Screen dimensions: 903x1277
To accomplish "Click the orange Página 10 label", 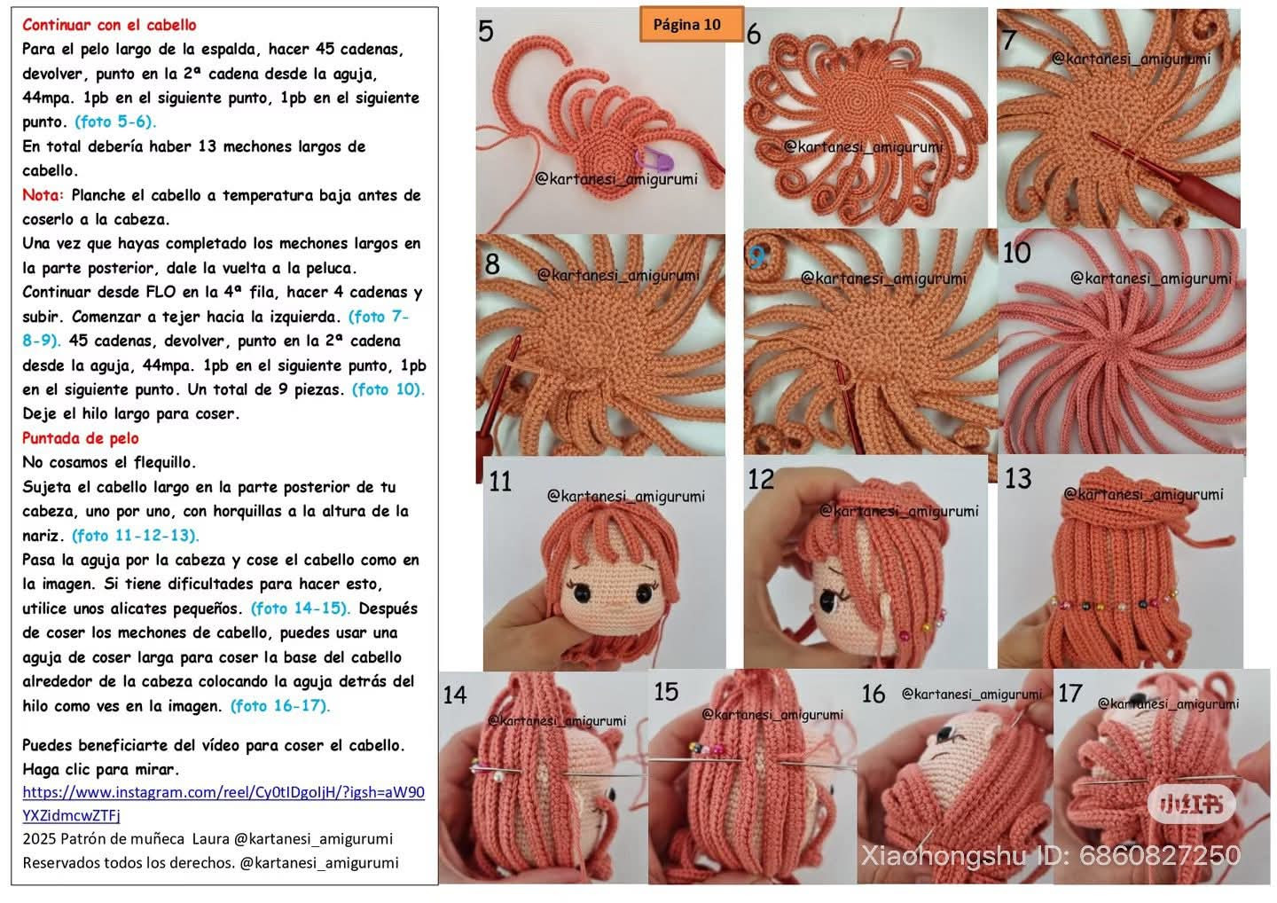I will pos(690,25).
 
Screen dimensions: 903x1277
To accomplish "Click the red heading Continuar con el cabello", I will pos(109,25).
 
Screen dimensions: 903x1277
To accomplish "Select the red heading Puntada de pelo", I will pos(81,438).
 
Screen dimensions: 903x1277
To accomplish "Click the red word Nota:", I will pos(43,195).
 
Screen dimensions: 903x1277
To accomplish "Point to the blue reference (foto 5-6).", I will pos(115,122).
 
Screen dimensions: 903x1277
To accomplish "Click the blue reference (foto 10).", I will pos(388,389).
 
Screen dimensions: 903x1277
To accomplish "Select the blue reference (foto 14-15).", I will pos(301,609).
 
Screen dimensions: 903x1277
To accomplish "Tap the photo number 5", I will pos(486,32).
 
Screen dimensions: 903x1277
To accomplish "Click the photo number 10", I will pos(1016,254).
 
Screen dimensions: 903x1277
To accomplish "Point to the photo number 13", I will pos(1018,479).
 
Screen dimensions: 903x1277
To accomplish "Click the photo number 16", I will pos(874,694).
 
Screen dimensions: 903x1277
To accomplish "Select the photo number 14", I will pos(454,695).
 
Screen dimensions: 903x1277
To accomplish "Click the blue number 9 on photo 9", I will pos(756,257).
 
